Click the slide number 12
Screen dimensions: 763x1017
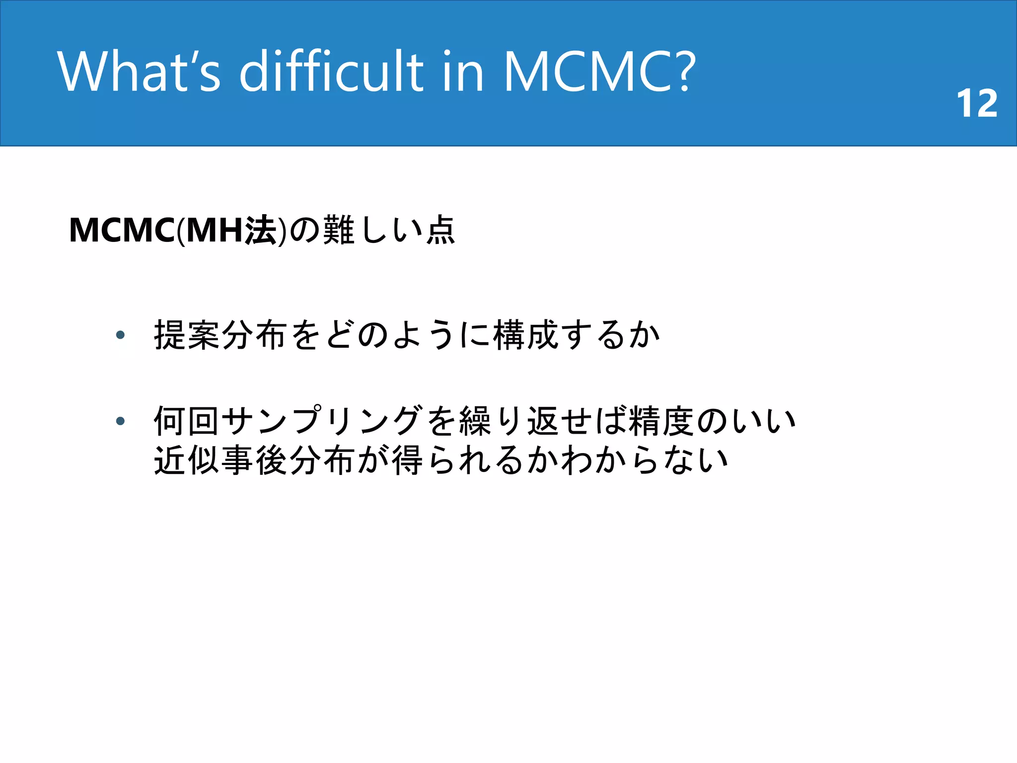[976, 104]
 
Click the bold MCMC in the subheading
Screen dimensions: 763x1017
[122, 230]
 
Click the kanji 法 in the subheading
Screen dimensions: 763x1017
[261, 230]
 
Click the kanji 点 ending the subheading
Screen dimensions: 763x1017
[440, 230]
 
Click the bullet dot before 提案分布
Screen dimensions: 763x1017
[120, 335]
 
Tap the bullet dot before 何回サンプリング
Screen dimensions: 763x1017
[120, 421]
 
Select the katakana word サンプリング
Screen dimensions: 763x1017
[322, 421]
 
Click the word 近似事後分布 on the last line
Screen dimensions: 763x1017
[254, 460]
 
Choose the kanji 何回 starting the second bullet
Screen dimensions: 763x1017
[187, 421]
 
